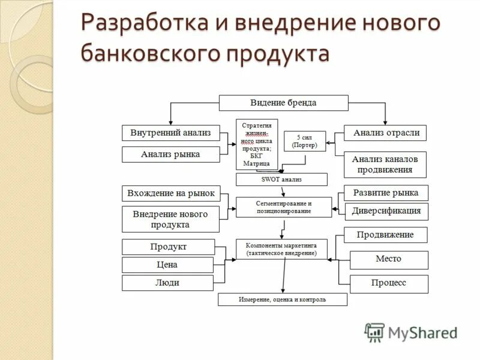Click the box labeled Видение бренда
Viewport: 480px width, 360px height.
(283, 103)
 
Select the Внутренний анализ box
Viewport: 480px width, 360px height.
(170, 133)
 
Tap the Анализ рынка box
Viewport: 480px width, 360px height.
(170, 155)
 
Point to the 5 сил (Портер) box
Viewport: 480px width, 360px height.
(304, 141)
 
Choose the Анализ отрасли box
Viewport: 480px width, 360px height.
(385, 133)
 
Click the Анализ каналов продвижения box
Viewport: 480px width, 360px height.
(385, 164)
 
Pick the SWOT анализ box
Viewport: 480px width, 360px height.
(281, 179)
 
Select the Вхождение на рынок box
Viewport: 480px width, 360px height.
(170, 193)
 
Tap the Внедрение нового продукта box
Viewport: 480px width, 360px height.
(170, 219)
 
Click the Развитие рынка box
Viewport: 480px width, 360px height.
(386, 193)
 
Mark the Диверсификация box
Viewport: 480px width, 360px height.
(386, 211)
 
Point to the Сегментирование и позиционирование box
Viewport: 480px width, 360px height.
(283, 207)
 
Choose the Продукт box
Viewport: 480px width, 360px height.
(168, 247)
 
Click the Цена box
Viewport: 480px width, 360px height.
(168, 265)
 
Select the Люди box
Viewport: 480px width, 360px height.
(168, 283)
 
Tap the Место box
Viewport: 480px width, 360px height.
(389, 259)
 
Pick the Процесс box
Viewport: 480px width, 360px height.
(389, 283)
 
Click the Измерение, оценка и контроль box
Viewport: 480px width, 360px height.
(282, 299)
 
